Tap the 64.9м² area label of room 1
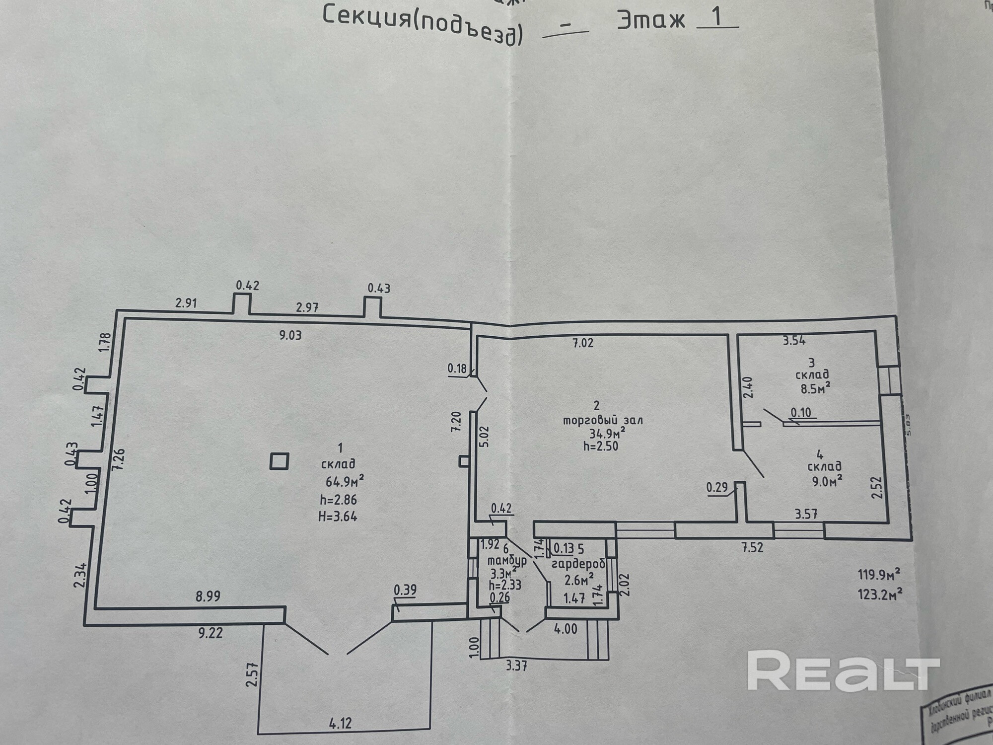[345, 481]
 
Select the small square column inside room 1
[279, 461]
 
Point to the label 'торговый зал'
[602, 420]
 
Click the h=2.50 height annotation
[601, 446]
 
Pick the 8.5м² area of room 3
[815, 388]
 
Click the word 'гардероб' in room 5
[578, 565]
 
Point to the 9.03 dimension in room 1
[290, 335]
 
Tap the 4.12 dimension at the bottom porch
[340, 723]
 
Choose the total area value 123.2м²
[879, 594]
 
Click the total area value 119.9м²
[879, 575]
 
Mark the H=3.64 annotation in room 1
[338, 517]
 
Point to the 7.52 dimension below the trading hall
[752, 548]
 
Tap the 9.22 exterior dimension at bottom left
[211, 633]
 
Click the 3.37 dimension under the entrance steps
[516, 666]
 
